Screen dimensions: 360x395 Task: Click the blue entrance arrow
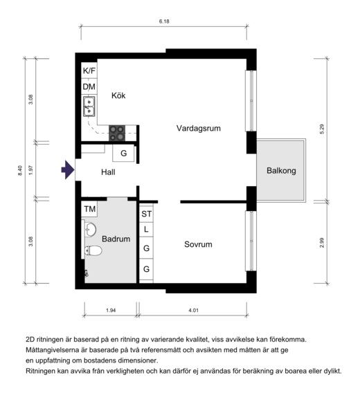pyautogui.click(x=68, y=169)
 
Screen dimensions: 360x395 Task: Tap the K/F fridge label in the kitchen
pyautogui.click(x=89, y=71)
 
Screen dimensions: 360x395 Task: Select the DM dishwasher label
pyautogui.click(x=89, y=87)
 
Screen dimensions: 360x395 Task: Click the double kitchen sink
pyautogui.click(x=89, y=107)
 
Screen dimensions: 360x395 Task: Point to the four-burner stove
pyautogui.click(x=117, y=133)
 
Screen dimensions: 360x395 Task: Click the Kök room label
pyautogui.click(x=118, y=95)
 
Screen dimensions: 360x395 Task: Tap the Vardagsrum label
pyautogui.click(x=199, y=128)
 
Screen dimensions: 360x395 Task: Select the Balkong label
pyautogui.click(x=281, y=171)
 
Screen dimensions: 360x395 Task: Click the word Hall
pyautogui.click(x=108, y=172)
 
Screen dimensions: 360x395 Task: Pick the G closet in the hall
pyautogui.click(x=123, y=153)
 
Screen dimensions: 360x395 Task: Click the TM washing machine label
pyautogui.click(x=90, y=209)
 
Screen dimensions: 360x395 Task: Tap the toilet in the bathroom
pyautogui.click(x=93, y=250)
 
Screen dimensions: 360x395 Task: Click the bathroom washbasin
pyautogui.click(x=90, y=230)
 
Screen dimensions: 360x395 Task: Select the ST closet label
pyautogui.click(x=147, y=214)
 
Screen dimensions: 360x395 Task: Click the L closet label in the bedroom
pyautogui.click(x=146, y=230)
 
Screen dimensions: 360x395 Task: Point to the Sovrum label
pyautogui.click(x=198, y=244)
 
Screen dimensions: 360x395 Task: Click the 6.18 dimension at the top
pyautogui.click(x=164, y=21)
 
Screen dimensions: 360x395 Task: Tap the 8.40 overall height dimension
pyautogui.click(x=20, y=171)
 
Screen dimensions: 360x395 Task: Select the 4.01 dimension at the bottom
pyautogui.click(x=193, y=311)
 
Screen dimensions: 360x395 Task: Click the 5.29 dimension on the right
pyautogui.click(x=322, y=129)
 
